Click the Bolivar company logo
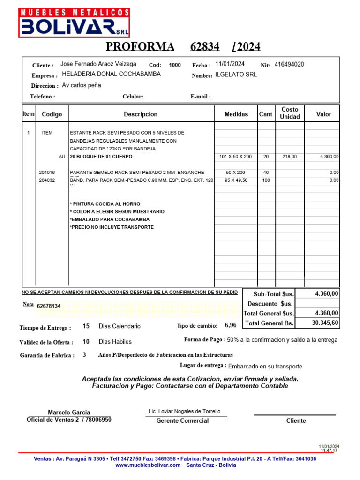click(75, 22)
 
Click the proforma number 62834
click(205, 46)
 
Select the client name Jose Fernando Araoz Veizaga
click(98, 64)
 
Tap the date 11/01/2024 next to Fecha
click(230, 64)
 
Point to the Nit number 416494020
click(289, 64)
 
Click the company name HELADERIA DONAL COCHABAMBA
click(111, 74)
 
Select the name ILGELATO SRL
click(236, 75)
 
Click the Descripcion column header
click(141, 114)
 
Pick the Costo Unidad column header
click(290, 113)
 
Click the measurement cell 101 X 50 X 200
click(235, 157)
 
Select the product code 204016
click(47, 172)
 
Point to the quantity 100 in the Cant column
click(266, 180)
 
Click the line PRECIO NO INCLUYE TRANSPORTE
click(112, 227)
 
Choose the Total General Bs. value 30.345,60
click(325, 323)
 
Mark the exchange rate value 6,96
click(231, 325)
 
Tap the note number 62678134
click(49, 306)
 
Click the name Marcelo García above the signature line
click(69, 412)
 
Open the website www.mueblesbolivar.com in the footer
click(148, 465)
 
